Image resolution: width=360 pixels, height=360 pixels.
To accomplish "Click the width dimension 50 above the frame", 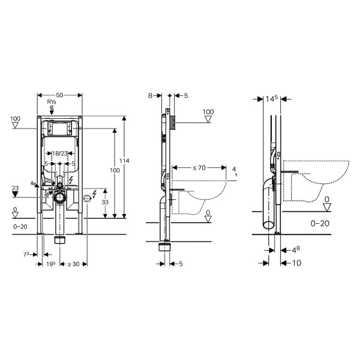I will [x=59, y=95].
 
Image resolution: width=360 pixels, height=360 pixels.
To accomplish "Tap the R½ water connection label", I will [x=52, y=103].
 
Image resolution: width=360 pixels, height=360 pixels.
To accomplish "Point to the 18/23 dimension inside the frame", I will [x=59, y=154].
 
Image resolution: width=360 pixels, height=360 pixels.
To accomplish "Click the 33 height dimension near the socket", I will [x=106, y=203].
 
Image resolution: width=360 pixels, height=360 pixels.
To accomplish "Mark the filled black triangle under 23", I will [x=16, y=196].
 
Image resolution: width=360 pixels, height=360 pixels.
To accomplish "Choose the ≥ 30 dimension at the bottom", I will [x=73, y=263].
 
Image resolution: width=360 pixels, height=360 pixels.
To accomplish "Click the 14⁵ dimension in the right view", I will [x=271, y=100].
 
